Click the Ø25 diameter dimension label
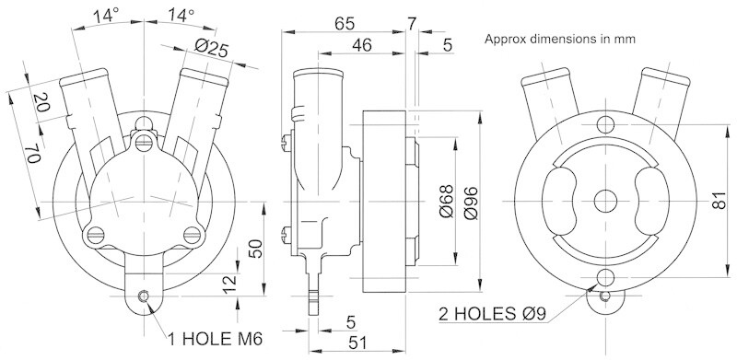(211, 48)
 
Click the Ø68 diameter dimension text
(446, 201)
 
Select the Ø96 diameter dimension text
(470, 203)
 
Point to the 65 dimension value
(345, 23)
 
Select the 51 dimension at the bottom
(358, 343)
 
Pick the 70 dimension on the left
(33, 154)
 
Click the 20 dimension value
(42, 102)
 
